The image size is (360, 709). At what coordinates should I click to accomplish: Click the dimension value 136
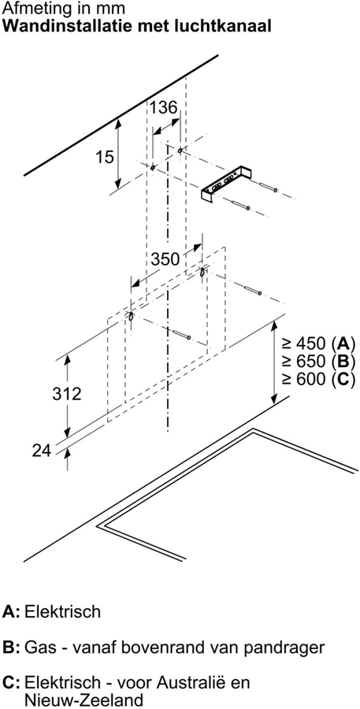[x=163, y=108]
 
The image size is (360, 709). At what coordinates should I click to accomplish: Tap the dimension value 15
[x=104, y=158]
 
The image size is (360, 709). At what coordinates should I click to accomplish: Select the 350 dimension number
[x=165, y=259]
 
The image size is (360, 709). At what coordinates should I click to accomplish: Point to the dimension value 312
[x=66, y=393]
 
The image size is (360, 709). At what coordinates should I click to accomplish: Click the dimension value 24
[x=42, y=451]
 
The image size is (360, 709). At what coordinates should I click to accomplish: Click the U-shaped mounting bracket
[x=226, y=184]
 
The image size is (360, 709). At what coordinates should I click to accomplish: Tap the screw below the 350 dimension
[x=181, y=334]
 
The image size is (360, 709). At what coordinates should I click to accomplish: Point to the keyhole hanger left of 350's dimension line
[x=131, y=316]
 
